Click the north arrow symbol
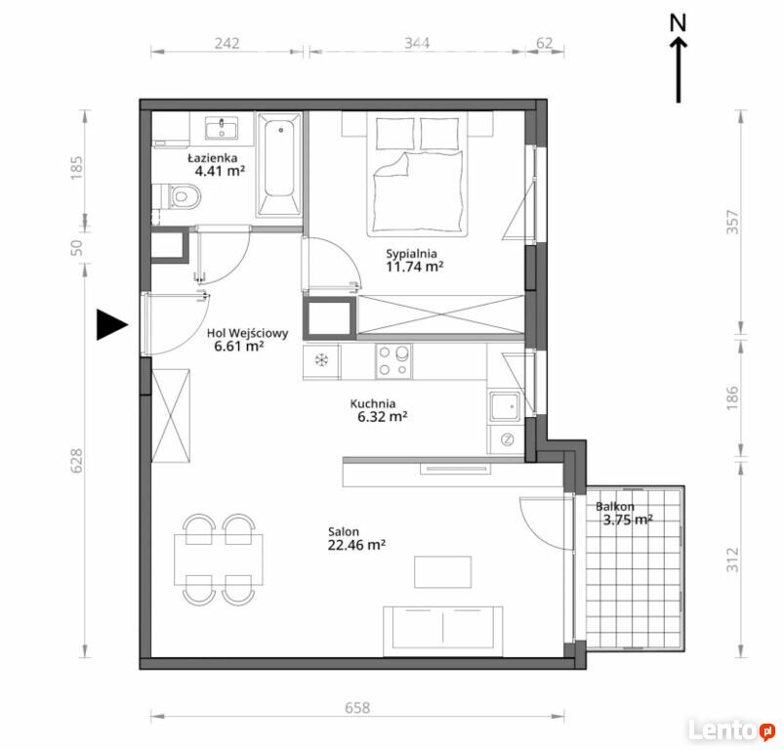[x=678, y=59]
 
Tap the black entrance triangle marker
[x=111, y=324]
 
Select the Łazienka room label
[x=213, y=158]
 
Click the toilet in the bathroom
[x=181, y=196]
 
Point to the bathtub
[x=279, y=164]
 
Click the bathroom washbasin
[x=222, y=128]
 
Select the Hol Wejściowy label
[x=247, y=332]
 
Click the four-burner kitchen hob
[x=393, y=361]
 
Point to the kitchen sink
[x=506, y=405]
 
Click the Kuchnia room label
[x=373, y=403]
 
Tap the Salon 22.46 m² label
[x=356, y=538]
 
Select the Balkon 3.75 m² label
[x=624, y=514]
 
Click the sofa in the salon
[x=443, y=631]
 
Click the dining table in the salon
[x=219, y=560]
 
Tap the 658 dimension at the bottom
[x=357, y=707]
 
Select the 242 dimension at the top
[x=227, y=43]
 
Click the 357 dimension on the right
[x=732, y=222]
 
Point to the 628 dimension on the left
[x=76, y=461]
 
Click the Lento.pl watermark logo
[x=731, y=731]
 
